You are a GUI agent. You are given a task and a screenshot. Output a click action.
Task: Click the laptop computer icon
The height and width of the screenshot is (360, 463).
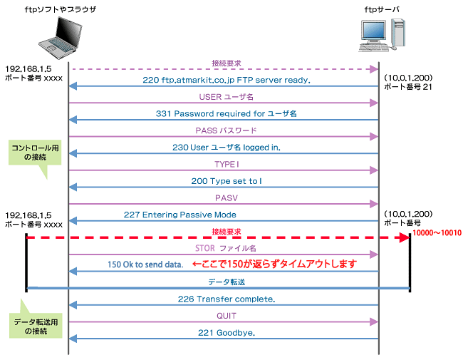click(61, 37)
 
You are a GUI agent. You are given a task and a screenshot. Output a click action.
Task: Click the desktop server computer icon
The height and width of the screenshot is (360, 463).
click(382, 35)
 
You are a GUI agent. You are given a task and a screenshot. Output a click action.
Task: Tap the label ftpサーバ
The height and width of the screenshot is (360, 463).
click(382, 9)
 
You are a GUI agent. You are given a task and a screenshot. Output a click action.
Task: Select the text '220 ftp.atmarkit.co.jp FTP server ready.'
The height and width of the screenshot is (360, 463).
click(227, 80)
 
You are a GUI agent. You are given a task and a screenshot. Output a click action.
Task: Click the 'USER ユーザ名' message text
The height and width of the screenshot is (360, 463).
click(227, 97)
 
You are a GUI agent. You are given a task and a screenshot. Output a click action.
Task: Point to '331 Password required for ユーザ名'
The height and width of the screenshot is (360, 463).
click(227, 114)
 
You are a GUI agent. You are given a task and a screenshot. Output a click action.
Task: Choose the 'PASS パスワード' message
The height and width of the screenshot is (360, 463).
click(227, 130)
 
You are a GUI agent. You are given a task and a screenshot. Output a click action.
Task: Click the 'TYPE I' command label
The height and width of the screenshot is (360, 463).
click(227, 165)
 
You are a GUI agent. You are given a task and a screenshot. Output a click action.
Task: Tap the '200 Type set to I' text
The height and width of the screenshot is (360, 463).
click(227, 181)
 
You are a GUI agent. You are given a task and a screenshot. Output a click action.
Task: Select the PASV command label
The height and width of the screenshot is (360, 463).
click(227, 198)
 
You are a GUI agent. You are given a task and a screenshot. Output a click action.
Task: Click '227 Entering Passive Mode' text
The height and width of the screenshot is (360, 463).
click(180, 215)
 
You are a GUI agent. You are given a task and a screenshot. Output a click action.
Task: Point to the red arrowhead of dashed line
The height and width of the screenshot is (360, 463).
click(405, 237)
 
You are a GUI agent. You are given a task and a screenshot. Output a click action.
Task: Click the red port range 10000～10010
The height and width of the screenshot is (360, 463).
click(437, 233)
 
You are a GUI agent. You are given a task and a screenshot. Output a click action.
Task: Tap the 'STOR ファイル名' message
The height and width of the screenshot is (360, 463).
click(226, 248)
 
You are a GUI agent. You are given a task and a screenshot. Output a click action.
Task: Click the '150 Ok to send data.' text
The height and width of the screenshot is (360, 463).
click(145, 264)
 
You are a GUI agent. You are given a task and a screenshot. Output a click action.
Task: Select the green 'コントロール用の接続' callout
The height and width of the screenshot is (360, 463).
click(35, 153)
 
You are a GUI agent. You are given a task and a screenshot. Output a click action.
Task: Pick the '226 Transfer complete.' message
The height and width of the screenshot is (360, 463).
click(227, 299)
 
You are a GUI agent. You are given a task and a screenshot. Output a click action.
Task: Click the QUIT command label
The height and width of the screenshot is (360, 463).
click(227, 316)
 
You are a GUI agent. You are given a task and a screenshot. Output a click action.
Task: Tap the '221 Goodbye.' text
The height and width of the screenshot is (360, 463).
click(227, 333)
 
